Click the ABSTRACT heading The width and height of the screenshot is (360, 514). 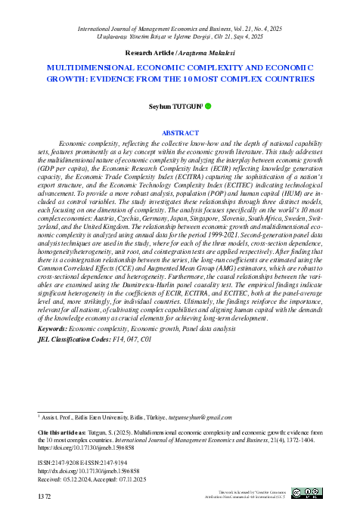point(180,132)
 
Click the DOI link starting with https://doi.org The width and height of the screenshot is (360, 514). point(79,446)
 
